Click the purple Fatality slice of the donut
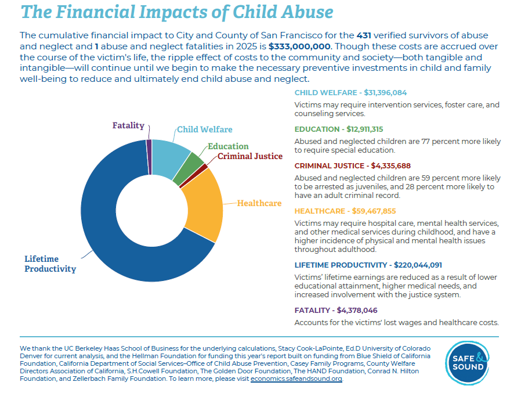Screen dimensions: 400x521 pos(149,149)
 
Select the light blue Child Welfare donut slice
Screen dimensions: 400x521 pos(171,157)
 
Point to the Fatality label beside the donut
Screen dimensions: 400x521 pos(128,125)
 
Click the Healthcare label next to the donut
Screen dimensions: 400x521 pos(259,203)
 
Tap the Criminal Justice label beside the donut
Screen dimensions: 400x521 pos(250,156)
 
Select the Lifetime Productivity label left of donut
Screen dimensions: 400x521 pos(50,264)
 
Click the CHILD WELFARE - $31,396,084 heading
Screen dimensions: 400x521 pos(350,93)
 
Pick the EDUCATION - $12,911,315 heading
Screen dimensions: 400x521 pos(339,129)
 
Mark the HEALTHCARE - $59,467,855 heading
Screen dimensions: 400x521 pos(345,211)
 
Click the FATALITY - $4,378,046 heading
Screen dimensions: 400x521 pos(336,311)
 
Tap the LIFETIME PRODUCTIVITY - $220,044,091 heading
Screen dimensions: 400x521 pos(368,265)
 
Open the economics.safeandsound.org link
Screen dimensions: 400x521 pos(296,379)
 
